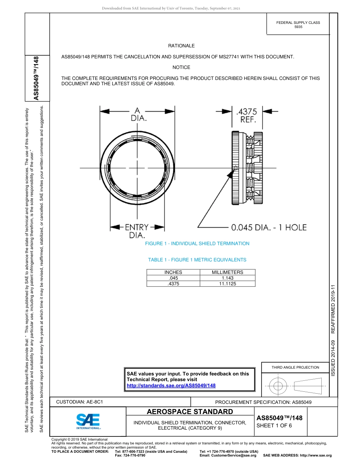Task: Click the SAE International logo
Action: pyautogui.click(x=88, y=421)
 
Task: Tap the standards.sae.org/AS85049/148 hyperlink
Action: pyautogui.click(x=171, y=385)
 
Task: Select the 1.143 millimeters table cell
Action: pyautogui.click(x=228, y=278)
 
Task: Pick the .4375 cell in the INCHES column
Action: pyautogui.click(x=173, y=283)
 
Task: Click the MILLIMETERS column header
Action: pyautogui.click(x=227, y=272)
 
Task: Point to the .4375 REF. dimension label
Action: pyautogui.click(x=246, y=116)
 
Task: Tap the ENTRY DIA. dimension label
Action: pyautogui.click(x=136, y=231)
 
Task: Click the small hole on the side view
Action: pyautogui.click(x=235, y=167)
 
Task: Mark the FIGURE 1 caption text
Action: pyautogui.click(x=197, y=244)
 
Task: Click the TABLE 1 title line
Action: pyautogui.click(x=197, y=260)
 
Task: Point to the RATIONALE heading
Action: pyautogui.click(x=181, y=46)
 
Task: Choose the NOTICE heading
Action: pyautogui.click(x=181, y=67)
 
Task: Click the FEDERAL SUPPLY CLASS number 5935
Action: pyautogui.click(x=298, y=28)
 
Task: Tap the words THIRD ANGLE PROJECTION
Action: pyautogui.click(x=295, y=367)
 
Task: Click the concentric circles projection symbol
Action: pyautogui.click(x=278, y=386)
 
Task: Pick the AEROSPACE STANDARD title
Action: pyautogui.click(x=190, y=412)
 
